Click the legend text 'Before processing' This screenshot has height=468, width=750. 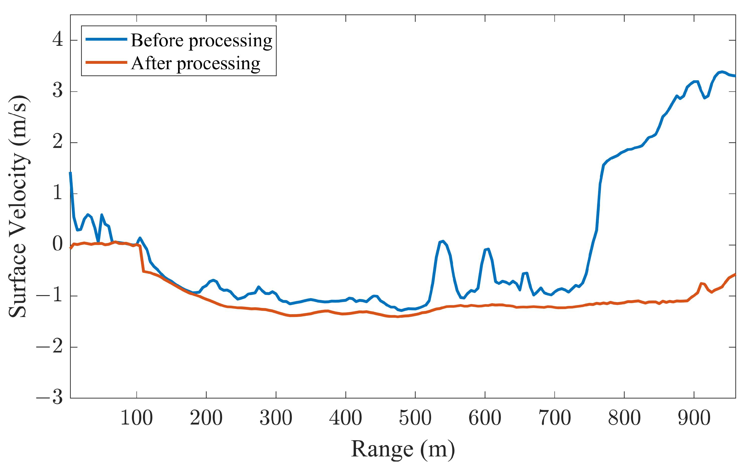tap(202, 41)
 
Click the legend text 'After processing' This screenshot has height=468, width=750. tap(195, 64)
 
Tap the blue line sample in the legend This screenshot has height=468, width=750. tap(106, 39)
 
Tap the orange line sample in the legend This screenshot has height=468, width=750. tap(106, 62)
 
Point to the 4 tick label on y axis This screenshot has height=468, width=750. tap(58, 40)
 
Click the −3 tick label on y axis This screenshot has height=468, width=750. tap(50, 397)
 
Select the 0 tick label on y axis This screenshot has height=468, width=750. tap(58, 244)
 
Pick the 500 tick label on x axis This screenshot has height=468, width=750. tap(415, 418)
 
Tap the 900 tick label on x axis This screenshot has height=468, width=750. tap(694, 418)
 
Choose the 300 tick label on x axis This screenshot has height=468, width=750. tap(276, 418)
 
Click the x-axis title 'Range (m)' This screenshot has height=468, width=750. tap(403, 449)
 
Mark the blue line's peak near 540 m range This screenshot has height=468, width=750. tap(443, 241)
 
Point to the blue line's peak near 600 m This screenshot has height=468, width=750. tap(488, 249)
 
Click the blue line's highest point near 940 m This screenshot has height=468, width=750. tap(722, 72)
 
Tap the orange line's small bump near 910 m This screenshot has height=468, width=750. tap(701, 283)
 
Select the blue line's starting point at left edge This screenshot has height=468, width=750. tap(71, 173)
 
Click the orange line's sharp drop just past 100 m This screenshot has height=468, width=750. tap(142, 259)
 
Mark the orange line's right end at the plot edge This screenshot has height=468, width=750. tap(735, 275)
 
